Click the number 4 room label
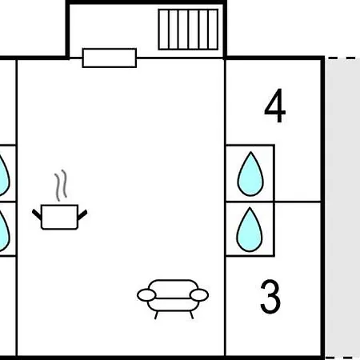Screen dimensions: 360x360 click(x=275, y=106)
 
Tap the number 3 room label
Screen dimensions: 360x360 click(x=270, y=296)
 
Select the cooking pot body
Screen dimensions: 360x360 click(x=59, y=217)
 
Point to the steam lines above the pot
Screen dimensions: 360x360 click(x=61, y=186)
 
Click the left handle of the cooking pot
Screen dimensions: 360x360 click(x=37, y=214)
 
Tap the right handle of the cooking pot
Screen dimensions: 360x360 click(x=82, y=214)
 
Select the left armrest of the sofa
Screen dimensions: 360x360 click(x=146, y=295)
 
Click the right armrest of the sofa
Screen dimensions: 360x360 click(x=199, y=295)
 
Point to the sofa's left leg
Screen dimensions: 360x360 click(x=157, y=315)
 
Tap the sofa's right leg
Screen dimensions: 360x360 click(x=191, y=315)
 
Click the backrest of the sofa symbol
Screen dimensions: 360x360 click(x=173, y=289)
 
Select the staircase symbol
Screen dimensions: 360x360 click(x=188, y=30)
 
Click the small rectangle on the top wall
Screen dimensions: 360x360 click(x=110, y=58)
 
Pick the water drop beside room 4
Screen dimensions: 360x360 click(x=250, y=174)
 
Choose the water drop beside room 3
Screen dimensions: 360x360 click(x=250, y=230)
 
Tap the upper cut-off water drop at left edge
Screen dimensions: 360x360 click(x=4, y=174)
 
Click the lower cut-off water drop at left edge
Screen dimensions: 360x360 click(x=4, y=230)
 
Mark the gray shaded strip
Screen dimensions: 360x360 click(x=342, y=208)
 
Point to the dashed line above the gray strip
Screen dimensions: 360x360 click(x=342, y=58)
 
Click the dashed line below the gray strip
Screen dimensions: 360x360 click(x=342, y=358)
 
